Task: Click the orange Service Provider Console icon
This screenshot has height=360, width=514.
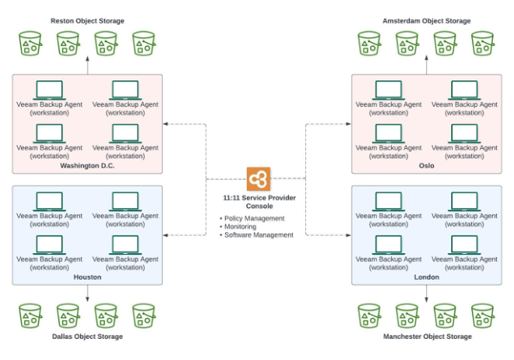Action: pyautogui.click(x=258, y=178)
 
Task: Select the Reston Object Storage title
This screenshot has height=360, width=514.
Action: pyautogui.click(x=87, y=20)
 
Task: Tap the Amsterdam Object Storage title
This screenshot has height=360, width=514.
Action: pyautogui.click(x=426, y=20)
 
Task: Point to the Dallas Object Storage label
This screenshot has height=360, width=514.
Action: pyautogui.click(x=87, y=337)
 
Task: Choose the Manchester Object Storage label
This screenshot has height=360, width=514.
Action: pyautogui.click(x=427, y=337)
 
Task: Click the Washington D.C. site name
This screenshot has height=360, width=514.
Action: pyautogui.click(x=87, y=165)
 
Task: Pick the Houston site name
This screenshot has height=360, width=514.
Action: pyautogui.click(x=87, y=277)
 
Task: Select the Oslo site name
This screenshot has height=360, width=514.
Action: pyautogui.click(x=426, y=165)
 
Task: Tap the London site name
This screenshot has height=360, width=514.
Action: pyautogui.click(x=426, y=277)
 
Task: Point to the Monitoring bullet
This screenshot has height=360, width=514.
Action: pyautogui.click(x=242, y=227)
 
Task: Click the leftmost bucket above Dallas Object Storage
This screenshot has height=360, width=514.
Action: pyautogui.click(x=30, y=315)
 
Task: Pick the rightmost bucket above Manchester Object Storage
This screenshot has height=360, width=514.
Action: pyautogui.click(x=483, y=315)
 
